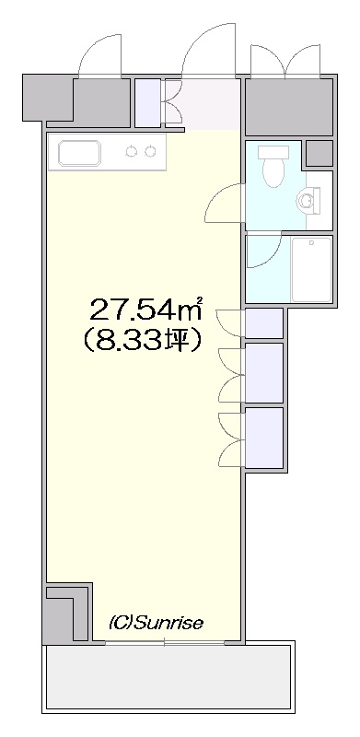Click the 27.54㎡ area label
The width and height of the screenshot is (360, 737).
[146, 309]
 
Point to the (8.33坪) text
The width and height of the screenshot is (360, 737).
[143, 341]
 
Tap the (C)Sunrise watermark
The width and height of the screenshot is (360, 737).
[156, 624]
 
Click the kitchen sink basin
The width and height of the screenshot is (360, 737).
[80, 153]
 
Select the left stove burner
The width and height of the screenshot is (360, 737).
[132, 151]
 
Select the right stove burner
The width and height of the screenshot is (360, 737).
[149, 151]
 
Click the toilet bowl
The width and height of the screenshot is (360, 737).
[273, 167]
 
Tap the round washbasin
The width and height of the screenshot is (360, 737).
[307, 200]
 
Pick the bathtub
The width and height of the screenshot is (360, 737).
[311, 269]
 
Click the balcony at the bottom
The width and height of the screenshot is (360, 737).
[168, 677]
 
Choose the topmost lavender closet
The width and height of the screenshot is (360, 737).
[264, 323]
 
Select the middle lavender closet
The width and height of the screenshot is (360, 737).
[264, 373]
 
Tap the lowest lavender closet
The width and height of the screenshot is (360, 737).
[264, 438]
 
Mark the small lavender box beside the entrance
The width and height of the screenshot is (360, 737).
[147, 103]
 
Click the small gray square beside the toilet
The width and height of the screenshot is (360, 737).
[319, 153]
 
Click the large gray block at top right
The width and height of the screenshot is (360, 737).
[289, 107]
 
